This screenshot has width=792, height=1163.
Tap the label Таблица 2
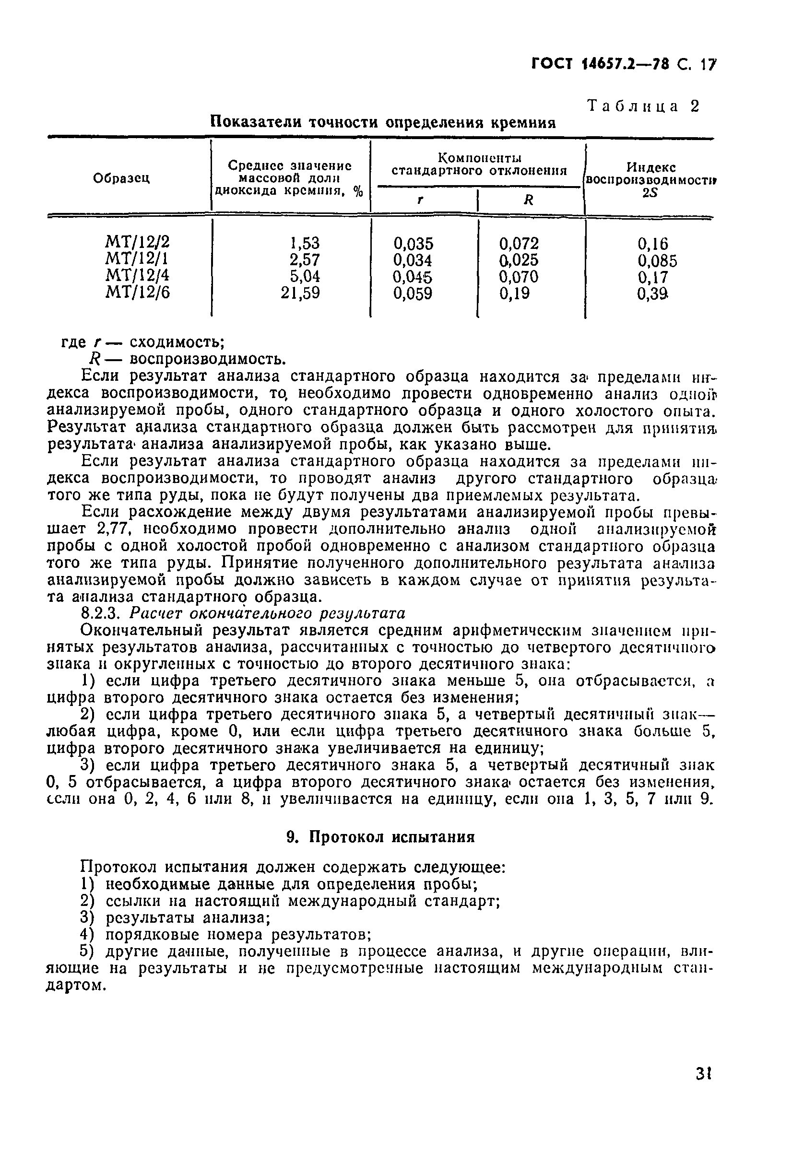pyautogui.click(x=643, y=106)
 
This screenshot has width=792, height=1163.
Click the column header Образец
pyautogui.click(x=122, y=178)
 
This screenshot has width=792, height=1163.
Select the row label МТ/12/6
pyautogui.click(x=138, y=293)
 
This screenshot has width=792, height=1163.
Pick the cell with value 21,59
pyautogui.click(x=300, y=293)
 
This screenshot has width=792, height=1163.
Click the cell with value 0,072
pyautogui.click(x=519, y=244)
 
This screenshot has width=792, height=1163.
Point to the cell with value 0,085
pyautogui.click(x=657, y=261)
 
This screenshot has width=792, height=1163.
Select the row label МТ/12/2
pyautogui.click(x=138, y=242)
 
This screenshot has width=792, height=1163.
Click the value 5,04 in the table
pyautogui.click(x=305, y=276)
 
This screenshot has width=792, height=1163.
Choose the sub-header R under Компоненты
pyautogui.click(x=528, y=200)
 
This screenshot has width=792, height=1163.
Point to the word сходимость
pyautogui.click(x=176, y=342)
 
